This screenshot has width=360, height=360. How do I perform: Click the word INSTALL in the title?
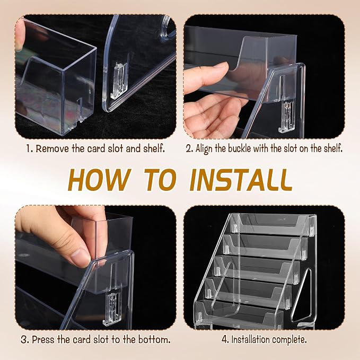241,180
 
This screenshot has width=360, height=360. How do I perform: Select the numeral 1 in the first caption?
28,148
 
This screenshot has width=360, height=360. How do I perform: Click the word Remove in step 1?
52,148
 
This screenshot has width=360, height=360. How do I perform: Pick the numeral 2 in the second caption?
189,149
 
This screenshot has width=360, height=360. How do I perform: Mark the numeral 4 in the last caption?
225,339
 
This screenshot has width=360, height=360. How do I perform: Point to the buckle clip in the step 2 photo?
286,117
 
